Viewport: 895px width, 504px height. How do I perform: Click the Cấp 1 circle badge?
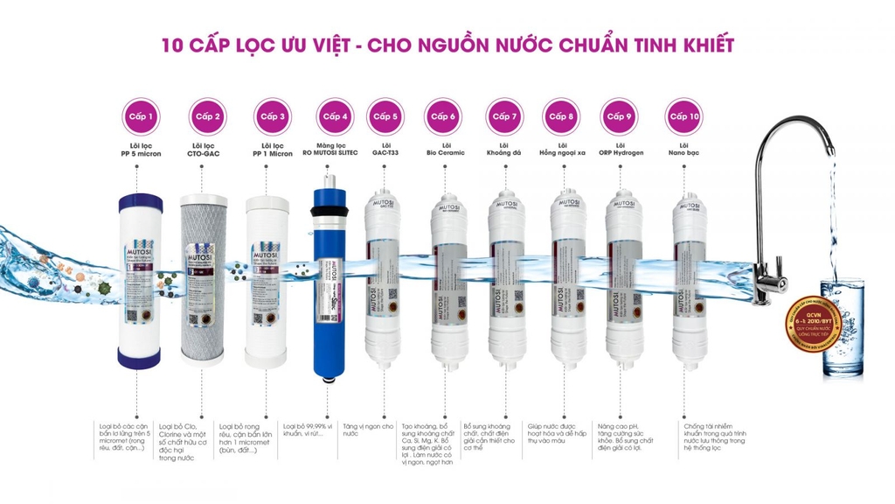point(141,116)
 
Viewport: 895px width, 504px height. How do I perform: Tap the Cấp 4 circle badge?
point(336,116)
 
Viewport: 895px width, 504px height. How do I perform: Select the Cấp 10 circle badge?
point(683,116)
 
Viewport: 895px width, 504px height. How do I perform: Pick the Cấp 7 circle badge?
point(504,116)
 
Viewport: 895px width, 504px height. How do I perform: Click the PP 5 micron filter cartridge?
point(140,280)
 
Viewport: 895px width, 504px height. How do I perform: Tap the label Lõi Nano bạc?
point(683,149)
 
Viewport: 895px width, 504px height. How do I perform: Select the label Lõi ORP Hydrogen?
point(621,149)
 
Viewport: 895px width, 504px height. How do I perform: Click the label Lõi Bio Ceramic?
point(446,149)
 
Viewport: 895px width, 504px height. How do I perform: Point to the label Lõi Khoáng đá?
point(504,149)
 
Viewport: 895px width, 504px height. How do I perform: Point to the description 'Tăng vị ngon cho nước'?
point(368,429)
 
